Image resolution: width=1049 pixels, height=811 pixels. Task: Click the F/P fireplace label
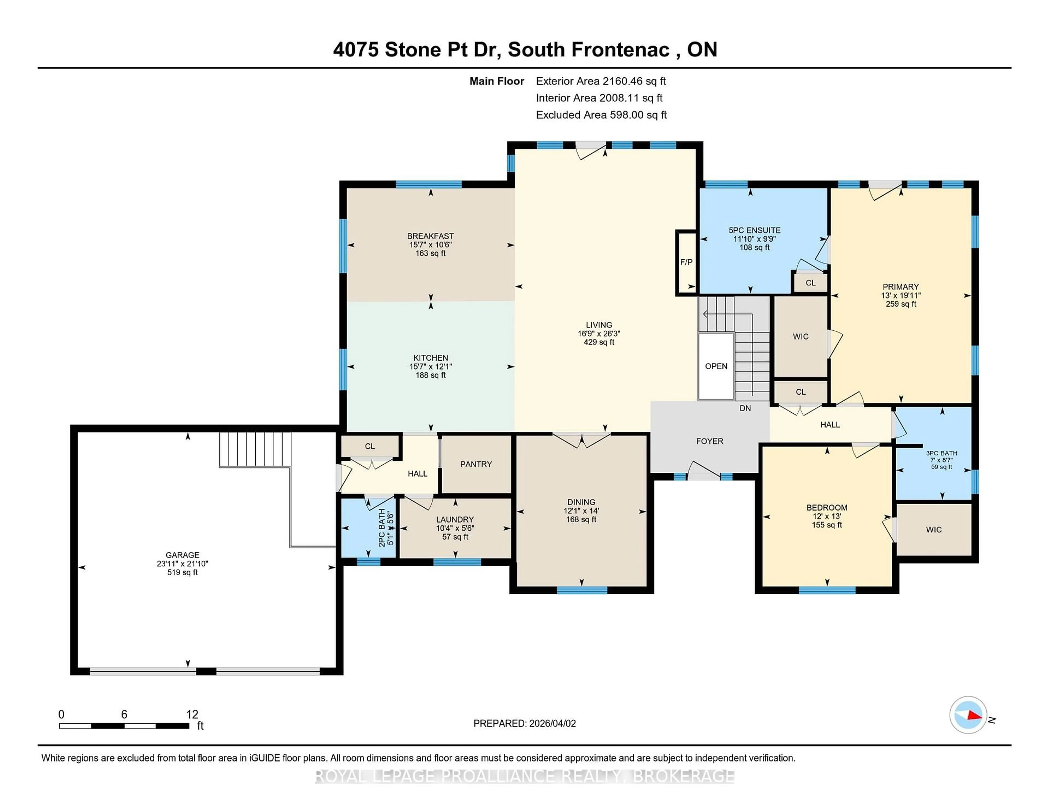click(x=686, y=262)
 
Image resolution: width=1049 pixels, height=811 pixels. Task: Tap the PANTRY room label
click(x=476, y=464)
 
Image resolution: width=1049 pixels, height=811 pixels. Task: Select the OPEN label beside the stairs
click(x=716, y=366)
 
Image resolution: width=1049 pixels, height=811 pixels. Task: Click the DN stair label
click(x=745, y=409)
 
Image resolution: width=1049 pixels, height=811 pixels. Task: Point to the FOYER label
click(x=709, y=441)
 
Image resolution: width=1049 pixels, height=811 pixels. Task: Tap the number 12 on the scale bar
click(x=192, y=715)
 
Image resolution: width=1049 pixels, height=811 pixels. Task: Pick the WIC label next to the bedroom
click(x=934, y=530)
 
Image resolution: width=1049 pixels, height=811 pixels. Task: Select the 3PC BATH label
click(x=941, y=453)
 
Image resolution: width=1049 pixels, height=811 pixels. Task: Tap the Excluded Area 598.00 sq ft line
click(x=601, y=115)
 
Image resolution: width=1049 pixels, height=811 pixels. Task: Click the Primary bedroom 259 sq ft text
click(x=901, y=304)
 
